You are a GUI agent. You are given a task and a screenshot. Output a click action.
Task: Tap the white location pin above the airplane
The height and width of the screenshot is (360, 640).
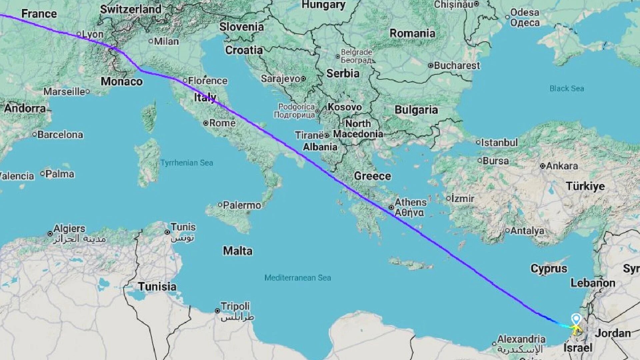576,319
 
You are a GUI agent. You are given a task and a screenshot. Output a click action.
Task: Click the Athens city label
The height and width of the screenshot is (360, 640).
410,202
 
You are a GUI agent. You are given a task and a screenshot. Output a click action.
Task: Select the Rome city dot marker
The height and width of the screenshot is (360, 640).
206,123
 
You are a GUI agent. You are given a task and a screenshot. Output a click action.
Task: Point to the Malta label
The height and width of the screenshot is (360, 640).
238,251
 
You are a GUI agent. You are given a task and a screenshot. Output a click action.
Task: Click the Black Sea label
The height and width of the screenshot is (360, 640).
567,88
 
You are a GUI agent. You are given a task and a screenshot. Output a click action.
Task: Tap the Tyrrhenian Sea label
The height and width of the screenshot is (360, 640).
187,163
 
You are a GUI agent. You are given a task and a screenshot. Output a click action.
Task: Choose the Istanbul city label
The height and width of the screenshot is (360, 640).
499,143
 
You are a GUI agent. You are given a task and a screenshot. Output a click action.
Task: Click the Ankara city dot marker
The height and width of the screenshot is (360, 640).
543,166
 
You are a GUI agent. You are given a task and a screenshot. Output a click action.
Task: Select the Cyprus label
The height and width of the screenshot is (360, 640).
549,268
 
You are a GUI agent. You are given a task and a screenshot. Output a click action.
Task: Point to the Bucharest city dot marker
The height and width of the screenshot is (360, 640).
431,66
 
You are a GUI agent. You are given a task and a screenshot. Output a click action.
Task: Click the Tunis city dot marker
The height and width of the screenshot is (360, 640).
167,232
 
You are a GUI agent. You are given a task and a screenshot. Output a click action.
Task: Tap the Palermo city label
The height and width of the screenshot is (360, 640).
242,205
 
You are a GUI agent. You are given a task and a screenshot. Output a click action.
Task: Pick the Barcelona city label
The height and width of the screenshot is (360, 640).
60,135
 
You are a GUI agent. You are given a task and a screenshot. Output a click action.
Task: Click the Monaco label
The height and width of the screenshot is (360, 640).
122,81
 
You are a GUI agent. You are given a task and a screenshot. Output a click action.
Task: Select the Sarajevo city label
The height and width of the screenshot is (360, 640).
281,79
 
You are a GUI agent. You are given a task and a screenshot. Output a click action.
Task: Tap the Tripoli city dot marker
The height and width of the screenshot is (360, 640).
217,311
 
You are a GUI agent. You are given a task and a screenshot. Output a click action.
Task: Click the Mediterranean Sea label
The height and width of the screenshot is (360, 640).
298,278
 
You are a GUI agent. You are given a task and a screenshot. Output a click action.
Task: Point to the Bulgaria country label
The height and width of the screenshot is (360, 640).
416,110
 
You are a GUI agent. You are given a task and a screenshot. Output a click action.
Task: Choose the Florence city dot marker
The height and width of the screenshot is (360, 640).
185,81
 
